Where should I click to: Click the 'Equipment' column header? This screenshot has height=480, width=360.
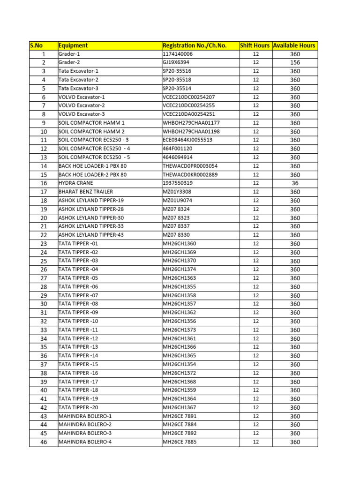point(73,45)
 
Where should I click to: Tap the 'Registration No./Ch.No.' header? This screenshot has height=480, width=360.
point(194,45)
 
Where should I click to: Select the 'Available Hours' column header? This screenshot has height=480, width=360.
point(294,45)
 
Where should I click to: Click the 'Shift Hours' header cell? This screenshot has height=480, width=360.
point(255,45)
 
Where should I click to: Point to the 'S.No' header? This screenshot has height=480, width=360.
point(37,45)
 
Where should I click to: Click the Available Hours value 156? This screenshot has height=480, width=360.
point(295,63)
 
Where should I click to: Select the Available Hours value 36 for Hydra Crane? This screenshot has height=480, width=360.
point(295,183)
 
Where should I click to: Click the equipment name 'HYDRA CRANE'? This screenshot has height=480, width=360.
point(75,183)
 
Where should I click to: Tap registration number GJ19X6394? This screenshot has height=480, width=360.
point(176,63)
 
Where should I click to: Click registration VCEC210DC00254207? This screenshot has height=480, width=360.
point(188,97)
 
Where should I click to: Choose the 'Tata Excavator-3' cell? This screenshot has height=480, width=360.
point(78,89)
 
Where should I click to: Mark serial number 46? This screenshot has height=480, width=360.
point(44,442)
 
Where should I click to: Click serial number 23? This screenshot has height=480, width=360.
point(44,244)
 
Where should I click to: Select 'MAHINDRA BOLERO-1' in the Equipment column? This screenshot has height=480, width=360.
point(85,416)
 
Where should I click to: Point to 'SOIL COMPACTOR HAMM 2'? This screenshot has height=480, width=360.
point(91,132)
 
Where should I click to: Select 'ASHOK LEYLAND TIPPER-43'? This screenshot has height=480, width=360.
point(91,235)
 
